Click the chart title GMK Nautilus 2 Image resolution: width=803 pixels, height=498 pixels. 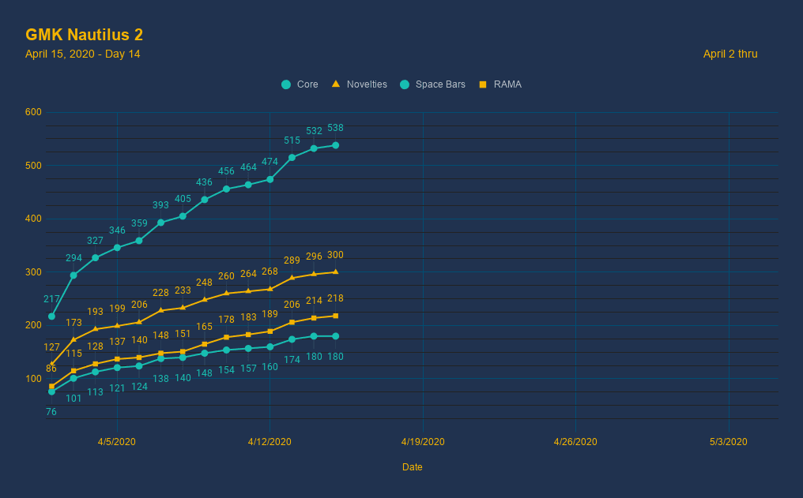coord(84,36)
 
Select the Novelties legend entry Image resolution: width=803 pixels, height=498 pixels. coord(360,84)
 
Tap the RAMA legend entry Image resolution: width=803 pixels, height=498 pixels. coord(500,84)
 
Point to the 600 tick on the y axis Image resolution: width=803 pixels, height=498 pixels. coord(33,112)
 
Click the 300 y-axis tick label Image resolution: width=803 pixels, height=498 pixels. coord(33,272)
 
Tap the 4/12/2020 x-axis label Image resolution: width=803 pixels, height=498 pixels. coord(270,442)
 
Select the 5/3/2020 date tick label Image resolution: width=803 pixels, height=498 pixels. coord(729,442)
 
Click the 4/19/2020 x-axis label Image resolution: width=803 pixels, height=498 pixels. coord(423,442)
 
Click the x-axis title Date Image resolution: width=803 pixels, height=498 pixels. coord(412,467)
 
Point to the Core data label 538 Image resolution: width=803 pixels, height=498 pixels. coord(335,128)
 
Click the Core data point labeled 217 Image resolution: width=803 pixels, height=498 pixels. coord(51,316)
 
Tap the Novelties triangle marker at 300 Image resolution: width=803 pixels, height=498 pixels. coord(335,271)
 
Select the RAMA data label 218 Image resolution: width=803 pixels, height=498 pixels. coord(335,298)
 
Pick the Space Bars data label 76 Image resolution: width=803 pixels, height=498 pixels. coord(51,412)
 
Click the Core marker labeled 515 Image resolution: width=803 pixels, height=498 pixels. coord(292,157)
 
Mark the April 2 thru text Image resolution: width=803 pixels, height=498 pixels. coord(730,54)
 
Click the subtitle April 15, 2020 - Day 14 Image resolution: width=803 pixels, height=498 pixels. coord(83,54)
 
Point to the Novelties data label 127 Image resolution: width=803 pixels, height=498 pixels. coord(51,347)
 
